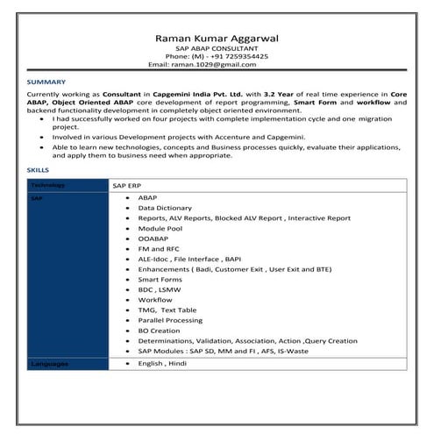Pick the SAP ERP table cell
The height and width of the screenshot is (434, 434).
coord(126,186)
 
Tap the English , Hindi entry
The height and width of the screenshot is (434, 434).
coord(162,362)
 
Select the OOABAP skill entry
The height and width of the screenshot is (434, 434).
coord(153,238)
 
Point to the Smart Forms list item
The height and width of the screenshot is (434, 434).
coord(159,279)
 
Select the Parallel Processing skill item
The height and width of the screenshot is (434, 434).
coord(171,320)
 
